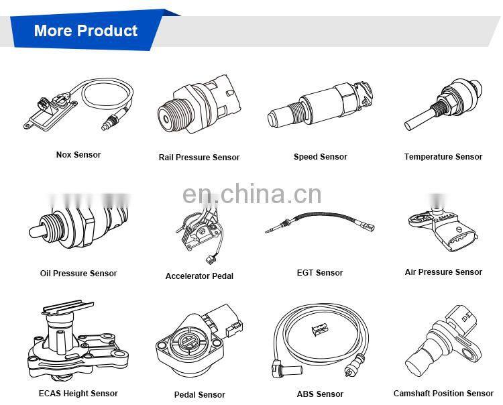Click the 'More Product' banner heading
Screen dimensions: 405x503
[x=85, y=31]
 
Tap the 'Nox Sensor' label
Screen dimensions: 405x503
[x=78, y=155]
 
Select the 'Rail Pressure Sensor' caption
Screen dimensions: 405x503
[x=199, y=158]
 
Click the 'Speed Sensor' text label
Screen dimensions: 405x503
[x=320, y=157]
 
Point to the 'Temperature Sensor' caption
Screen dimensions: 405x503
[x=443, y=157]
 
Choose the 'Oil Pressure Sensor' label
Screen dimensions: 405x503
[x=78, y=274]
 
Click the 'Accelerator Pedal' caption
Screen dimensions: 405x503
[x=199, y=276]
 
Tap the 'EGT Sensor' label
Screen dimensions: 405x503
[x=320, y=273]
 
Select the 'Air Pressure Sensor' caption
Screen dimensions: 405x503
[x=443, y=272]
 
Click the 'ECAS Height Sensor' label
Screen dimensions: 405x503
[x=78, y=394]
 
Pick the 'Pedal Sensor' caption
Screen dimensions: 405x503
[x=199, y=395]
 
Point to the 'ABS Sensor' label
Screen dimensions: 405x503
[x=320, y=394]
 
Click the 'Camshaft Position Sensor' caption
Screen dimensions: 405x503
[x=443, y=394]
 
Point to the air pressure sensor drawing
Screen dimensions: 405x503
[x=443, y=228]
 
